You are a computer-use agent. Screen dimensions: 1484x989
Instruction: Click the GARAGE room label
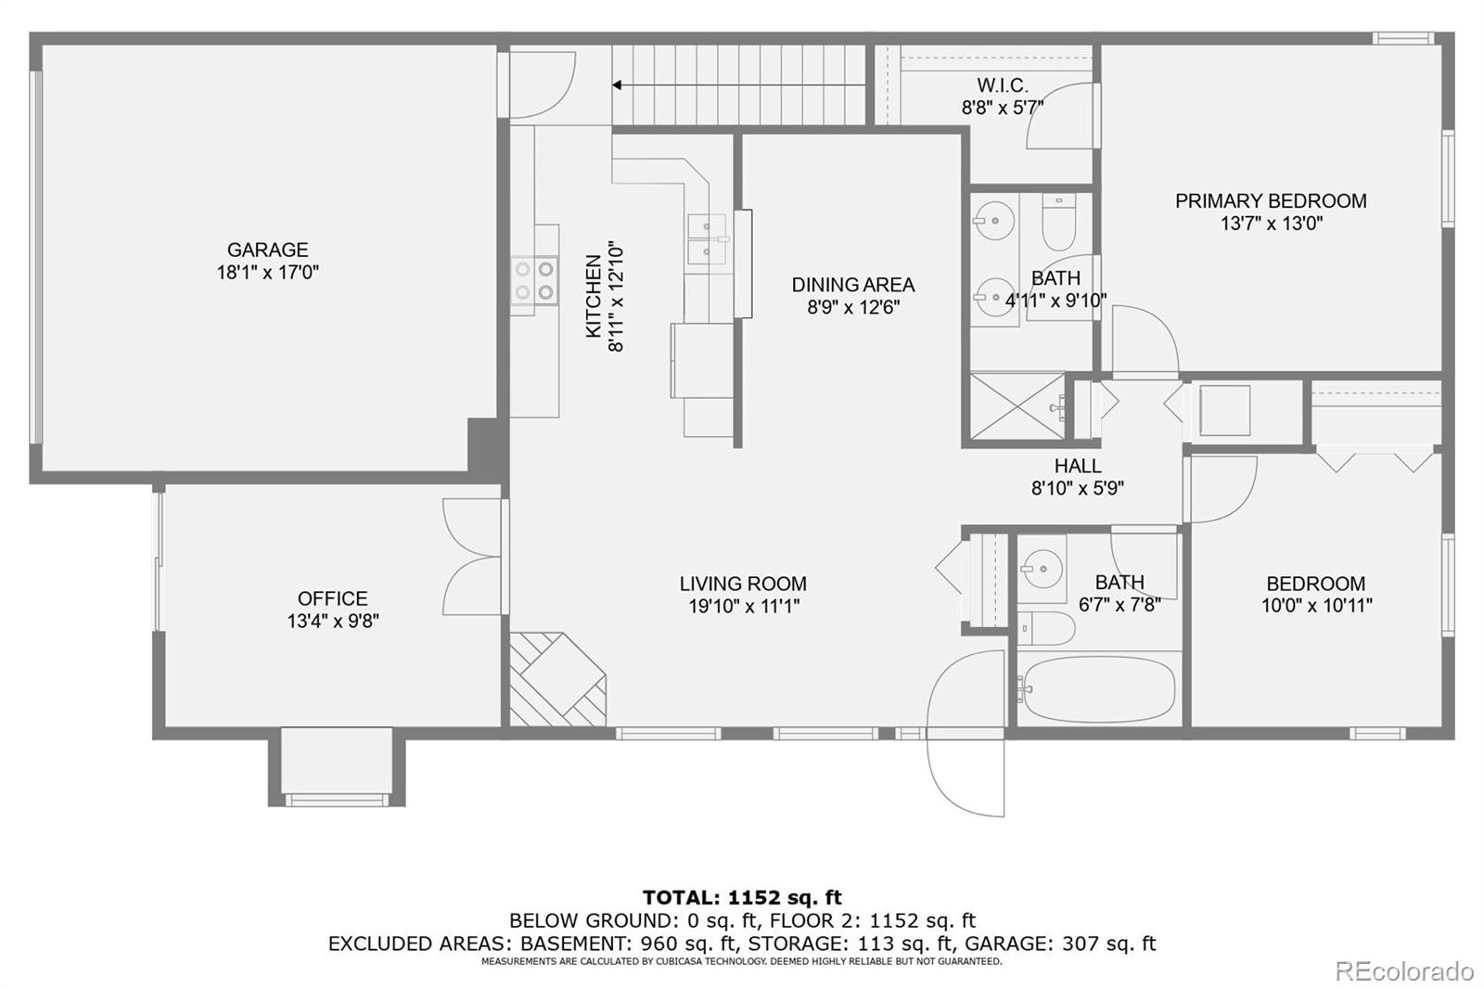[x=268, y=250]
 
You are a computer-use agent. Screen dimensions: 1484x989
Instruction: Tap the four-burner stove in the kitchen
[x=534, y=280]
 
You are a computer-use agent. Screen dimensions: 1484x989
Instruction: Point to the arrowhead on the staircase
[x=617, y=84]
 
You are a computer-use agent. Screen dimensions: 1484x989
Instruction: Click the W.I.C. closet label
[x=1003, y=85]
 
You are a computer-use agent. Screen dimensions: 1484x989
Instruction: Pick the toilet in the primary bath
[x=1058, y=222]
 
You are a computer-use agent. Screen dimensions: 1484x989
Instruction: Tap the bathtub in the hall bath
[x=1099, y=689]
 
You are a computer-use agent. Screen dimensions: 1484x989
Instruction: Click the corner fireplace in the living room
[x=557, y=679]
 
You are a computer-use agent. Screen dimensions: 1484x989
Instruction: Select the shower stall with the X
[x=1017, y=405]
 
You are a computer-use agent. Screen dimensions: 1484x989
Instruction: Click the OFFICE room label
[x=333, y=598]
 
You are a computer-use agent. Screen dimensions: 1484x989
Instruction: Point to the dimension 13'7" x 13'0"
[x=1272, y=224]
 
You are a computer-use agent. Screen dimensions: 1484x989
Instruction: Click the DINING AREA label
[x=853, y=285]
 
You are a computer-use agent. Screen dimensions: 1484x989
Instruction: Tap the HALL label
[x=1078, y=466]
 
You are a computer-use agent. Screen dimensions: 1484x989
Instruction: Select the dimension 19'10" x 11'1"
[x=744, y=606]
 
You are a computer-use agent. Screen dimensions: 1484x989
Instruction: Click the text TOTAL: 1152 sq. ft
[x=742, y=897]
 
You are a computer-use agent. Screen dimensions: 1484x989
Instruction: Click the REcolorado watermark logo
[x=1404, y=971]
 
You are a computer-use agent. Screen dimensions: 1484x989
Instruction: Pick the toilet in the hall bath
[x=1046, y=628]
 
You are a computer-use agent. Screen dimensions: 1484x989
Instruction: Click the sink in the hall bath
[x=1043, y=569]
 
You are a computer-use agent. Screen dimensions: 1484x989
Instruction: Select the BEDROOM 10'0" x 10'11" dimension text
[x=1316, y=606]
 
